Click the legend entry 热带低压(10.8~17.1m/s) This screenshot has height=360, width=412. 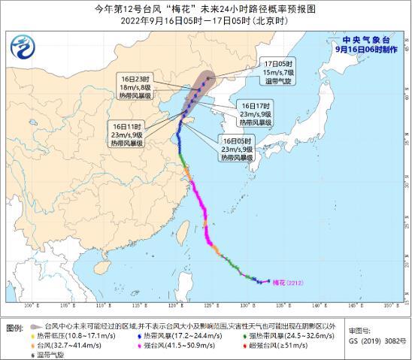[x=72, y=335]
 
